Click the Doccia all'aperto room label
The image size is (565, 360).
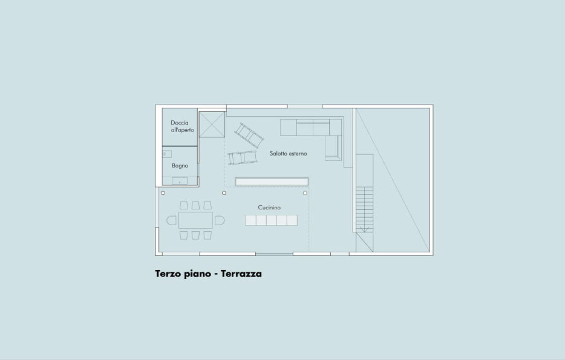coord(182,126)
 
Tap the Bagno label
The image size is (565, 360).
coord(180,166)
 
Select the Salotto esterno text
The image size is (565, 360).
coord(289,154)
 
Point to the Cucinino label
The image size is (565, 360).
coord(269,208)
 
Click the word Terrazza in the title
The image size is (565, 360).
coord(241,273)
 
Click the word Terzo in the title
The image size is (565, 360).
coord(168,274)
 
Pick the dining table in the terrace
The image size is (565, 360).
coord(195,220)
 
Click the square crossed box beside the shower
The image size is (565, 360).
coord(212,124)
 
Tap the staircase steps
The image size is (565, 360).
coord(365,209)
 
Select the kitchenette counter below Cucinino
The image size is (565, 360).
coord(272,220)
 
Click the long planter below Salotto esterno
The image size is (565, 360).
coord(272,182)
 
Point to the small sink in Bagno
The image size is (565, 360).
coord(167,154)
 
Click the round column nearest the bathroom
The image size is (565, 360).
coord(163,193)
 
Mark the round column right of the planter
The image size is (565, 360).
coord(305,193)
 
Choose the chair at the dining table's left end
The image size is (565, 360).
coord(172,220)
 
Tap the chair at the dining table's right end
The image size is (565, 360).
coord(220,220)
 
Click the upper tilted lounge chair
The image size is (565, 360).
coord(249,135)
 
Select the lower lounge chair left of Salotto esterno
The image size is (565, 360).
coord(243,158)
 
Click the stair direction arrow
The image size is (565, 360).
coord(364,229)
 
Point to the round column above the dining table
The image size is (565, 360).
coord(224,193)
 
